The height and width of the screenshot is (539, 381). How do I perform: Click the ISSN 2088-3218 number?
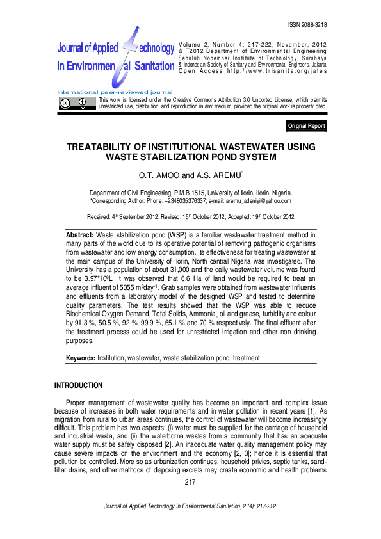(x=307, y=24)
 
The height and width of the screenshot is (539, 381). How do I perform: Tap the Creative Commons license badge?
(x=74, y=104)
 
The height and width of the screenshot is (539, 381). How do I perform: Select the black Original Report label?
(x=306, y=126)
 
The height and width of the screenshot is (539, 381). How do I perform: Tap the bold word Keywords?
(x=81, y=357)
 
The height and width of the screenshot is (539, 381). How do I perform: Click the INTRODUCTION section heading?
(x=78, y=385)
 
